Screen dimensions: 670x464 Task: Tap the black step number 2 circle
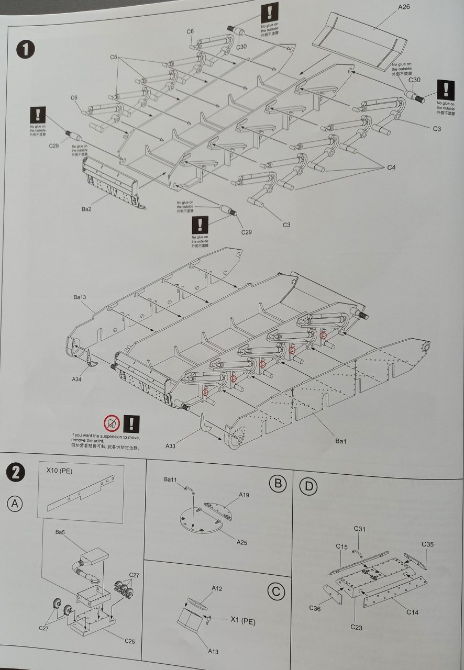pos(16,473)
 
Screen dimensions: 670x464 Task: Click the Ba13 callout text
pos(80,297)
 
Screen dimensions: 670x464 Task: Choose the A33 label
pos(170,446)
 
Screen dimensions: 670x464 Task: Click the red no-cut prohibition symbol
pos(111,422)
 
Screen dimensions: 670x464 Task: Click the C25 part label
pos(130,641)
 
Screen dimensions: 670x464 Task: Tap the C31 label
pos(359,529)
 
